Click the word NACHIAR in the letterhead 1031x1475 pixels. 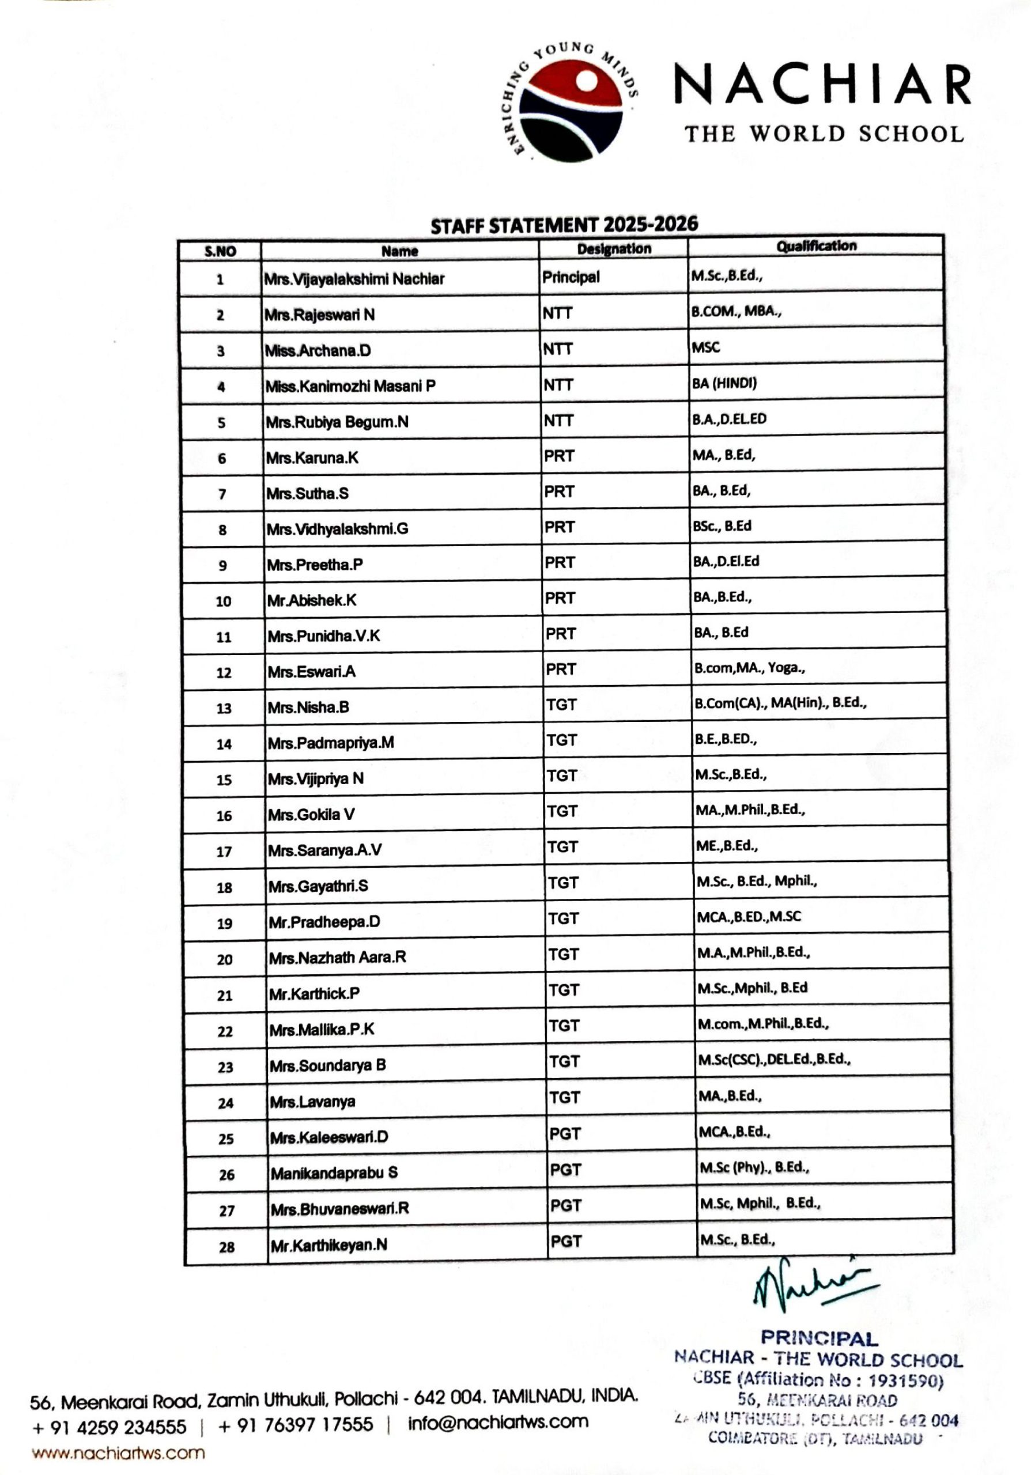click(x=822, y=85)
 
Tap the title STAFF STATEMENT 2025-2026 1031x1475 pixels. click(x=564, y=224)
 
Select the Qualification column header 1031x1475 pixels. click(x=816, y=246)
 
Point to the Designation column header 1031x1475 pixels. click(x=613, y=248)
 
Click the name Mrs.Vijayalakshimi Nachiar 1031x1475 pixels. click(x=354, y=279)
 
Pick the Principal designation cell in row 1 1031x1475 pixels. click(x=571, y=277)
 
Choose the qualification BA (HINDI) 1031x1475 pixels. click(x=724, y=383)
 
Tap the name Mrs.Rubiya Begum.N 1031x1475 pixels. click(x=337, y=422)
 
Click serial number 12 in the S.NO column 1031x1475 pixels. click(x=223, y=672)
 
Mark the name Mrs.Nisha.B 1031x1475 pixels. click(x=308, y=708)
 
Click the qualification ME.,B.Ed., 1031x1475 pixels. click(x=727, y=845)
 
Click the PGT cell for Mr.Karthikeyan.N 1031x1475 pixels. click(x=565, y=1242)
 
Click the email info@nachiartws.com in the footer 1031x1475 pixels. click(x=498, y=1421)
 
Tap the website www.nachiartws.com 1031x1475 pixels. click(x=118, y=1453)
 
